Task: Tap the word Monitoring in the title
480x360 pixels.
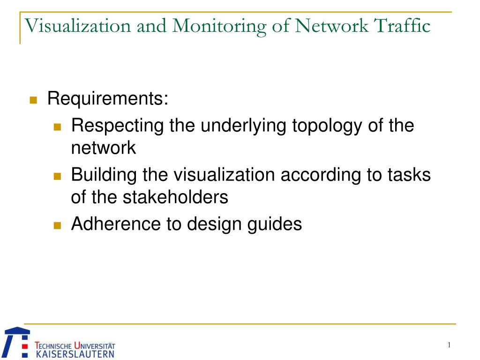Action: [217, 26]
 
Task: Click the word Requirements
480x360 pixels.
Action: [107, 99]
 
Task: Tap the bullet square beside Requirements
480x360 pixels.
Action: [33, 100]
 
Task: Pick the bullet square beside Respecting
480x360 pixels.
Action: [58, 127]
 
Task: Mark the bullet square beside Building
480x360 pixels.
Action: [58, 176]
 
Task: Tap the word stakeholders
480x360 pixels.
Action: [175, 197]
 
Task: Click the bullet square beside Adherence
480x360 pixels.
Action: [58, 225]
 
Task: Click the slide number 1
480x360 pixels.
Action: [449, 345]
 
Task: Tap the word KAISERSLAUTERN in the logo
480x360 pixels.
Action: [75, 354]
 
